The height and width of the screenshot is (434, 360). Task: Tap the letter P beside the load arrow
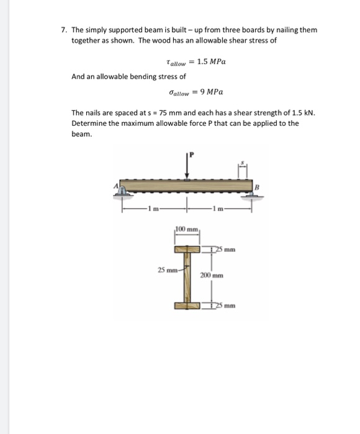[x=192, y=154]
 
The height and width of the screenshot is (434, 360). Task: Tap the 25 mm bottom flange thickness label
[x=225, y=305]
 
